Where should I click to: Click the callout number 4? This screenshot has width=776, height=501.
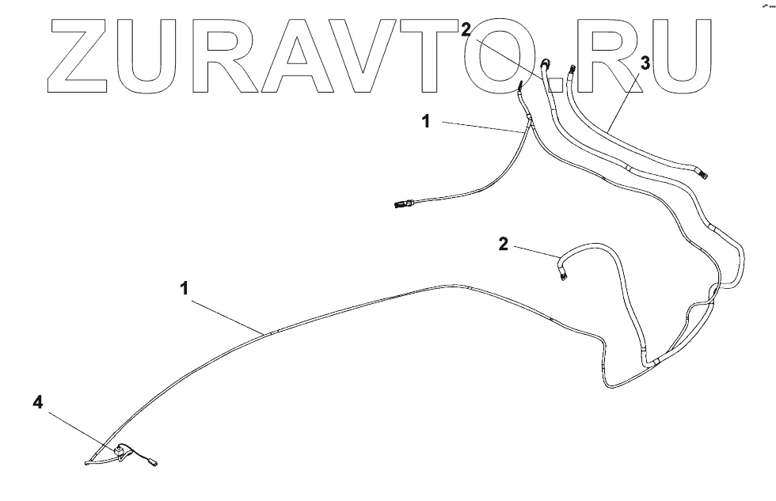pyautogui.click(x=37, y=403)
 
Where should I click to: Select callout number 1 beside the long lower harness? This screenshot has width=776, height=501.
pyautogui.click(x=184, y=288)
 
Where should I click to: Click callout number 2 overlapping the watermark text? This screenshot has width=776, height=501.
pyautogui.click(x=466, y=31)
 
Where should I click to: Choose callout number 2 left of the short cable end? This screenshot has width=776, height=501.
pyautogui.click(x=503, y=243)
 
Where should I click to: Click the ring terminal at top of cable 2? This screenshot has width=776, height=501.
pyautogui.click(x=546, y=63)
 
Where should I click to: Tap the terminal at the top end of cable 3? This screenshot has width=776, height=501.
pyautogui.click(x=571, y=70)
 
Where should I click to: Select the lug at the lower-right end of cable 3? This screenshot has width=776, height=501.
pyautogui.click(x=701, y=169)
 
